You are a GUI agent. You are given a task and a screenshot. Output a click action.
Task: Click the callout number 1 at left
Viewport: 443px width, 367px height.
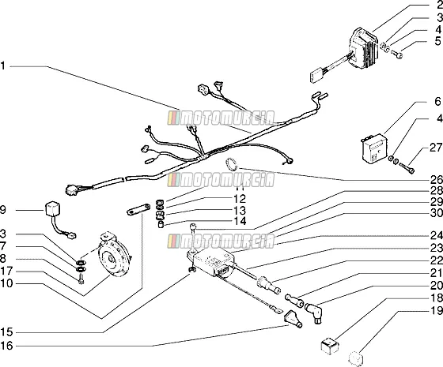click(x=2, y=66)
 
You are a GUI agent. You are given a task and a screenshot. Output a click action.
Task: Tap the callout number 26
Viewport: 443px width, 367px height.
click(x=437, y=180)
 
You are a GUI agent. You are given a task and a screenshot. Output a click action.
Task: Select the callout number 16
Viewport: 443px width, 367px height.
click(x=7, y=346)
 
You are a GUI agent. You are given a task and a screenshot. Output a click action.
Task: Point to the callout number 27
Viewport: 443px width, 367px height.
click(x=436, y=148)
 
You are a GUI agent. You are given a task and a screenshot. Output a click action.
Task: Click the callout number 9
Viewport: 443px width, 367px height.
click(x=3, y=210)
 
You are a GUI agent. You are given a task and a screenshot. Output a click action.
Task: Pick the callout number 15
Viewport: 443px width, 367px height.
click(x=7, y=332)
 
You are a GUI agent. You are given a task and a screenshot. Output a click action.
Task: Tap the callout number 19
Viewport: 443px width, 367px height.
click(x=437, y=311)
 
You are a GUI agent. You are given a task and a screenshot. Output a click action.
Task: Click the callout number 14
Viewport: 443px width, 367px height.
click(x=240, y=221)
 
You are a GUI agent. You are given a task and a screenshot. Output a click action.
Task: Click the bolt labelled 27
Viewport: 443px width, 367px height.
click(x=407, y=167)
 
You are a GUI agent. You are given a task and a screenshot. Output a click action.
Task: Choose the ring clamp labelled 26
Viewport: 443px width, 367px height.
click(x=231, y=164)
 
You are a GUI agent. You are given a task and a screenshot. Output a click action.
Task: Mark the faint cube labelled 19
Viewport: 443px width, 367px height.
click(x=355, y=358)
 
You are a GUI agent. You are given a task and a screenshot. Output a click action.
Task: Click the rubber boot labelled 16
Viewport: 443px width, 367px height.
click(x=293, y=319)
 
